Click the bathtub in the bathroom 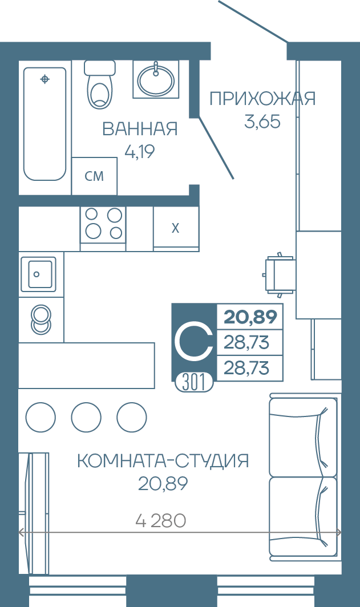45,124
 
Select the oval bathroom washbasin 156,79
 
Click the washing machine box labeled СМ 95,176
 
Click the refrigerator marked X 176,228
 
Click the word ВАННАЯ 140,129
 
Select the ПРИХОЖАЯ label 262,99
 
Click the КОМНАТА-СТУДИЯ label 163,461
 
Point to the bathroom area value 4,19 140,151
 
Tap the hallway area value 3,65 262,122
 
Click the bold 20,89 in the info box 250,317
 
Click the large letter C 193,341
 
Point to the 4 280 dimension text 161,521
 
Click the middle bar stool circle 86,418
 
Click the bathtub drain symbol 45,79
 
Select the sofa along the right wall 304,477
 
